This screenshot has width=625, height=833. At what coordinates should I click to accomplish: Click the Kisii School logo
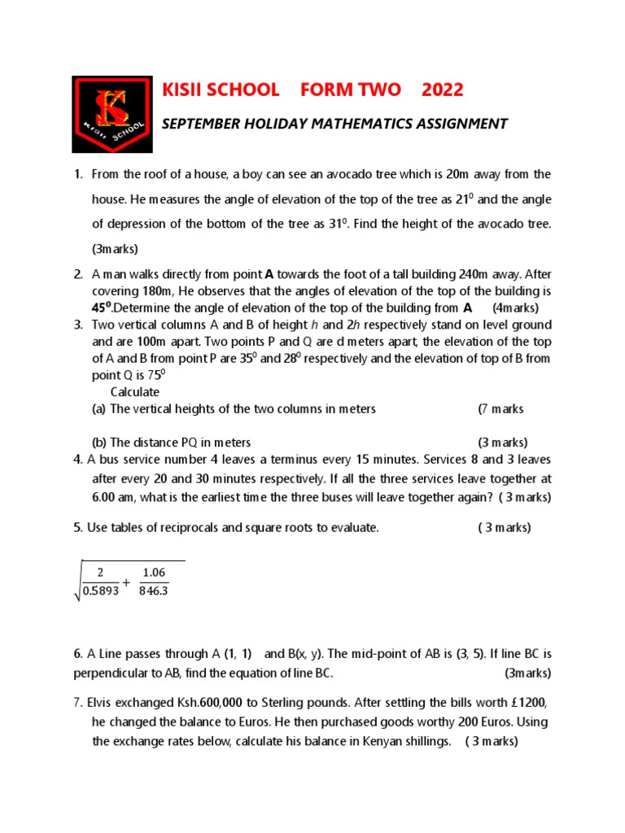[111, 114]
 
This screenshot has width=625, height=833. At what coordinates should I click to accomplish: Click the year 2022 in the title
[442, 90]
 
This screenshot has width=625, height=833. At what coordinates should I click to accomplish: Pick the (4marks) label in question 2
[515, 307]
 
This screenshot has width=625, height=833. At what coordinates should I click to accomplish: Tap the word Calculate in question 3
[135, 392]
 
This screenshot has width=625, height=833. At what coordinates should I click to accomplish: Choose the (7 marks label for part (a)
[500, 409]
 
